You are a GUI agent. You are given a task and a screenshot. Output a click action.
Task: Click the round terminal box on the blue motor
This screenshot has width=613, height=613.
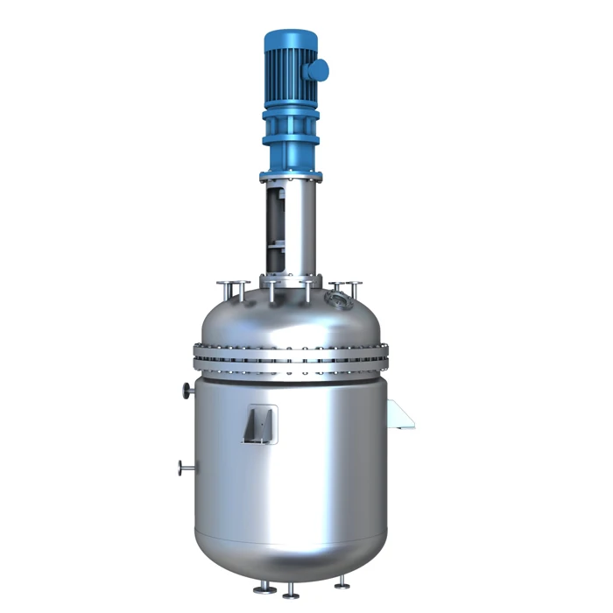point(318,69)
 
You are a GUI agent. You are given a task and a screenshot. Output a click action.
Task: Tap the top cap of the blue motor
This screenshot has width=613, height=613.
point(290,37)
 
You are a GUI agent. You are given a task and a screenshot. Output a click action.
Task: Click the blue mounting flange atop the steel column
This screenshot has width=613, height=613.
point(291,175)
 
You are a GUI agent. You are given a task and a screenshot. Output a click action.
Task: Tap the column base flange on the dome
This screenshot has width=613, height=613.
point(290,280)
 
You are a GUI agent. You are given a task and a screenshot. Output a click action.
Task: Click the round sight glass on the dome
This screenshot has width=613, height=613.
point(333,299)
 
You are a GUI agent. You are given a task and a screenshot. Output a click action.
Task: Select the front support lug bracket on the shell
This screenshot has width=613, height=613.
point(260,425)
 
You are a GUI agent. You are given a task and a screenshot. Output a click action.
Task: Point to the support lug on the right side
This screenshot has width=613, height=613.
point(400,414)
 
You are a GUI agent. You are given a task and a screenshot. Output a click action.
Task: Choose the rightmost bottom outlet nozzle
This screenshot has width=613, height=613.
point(342,584)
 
